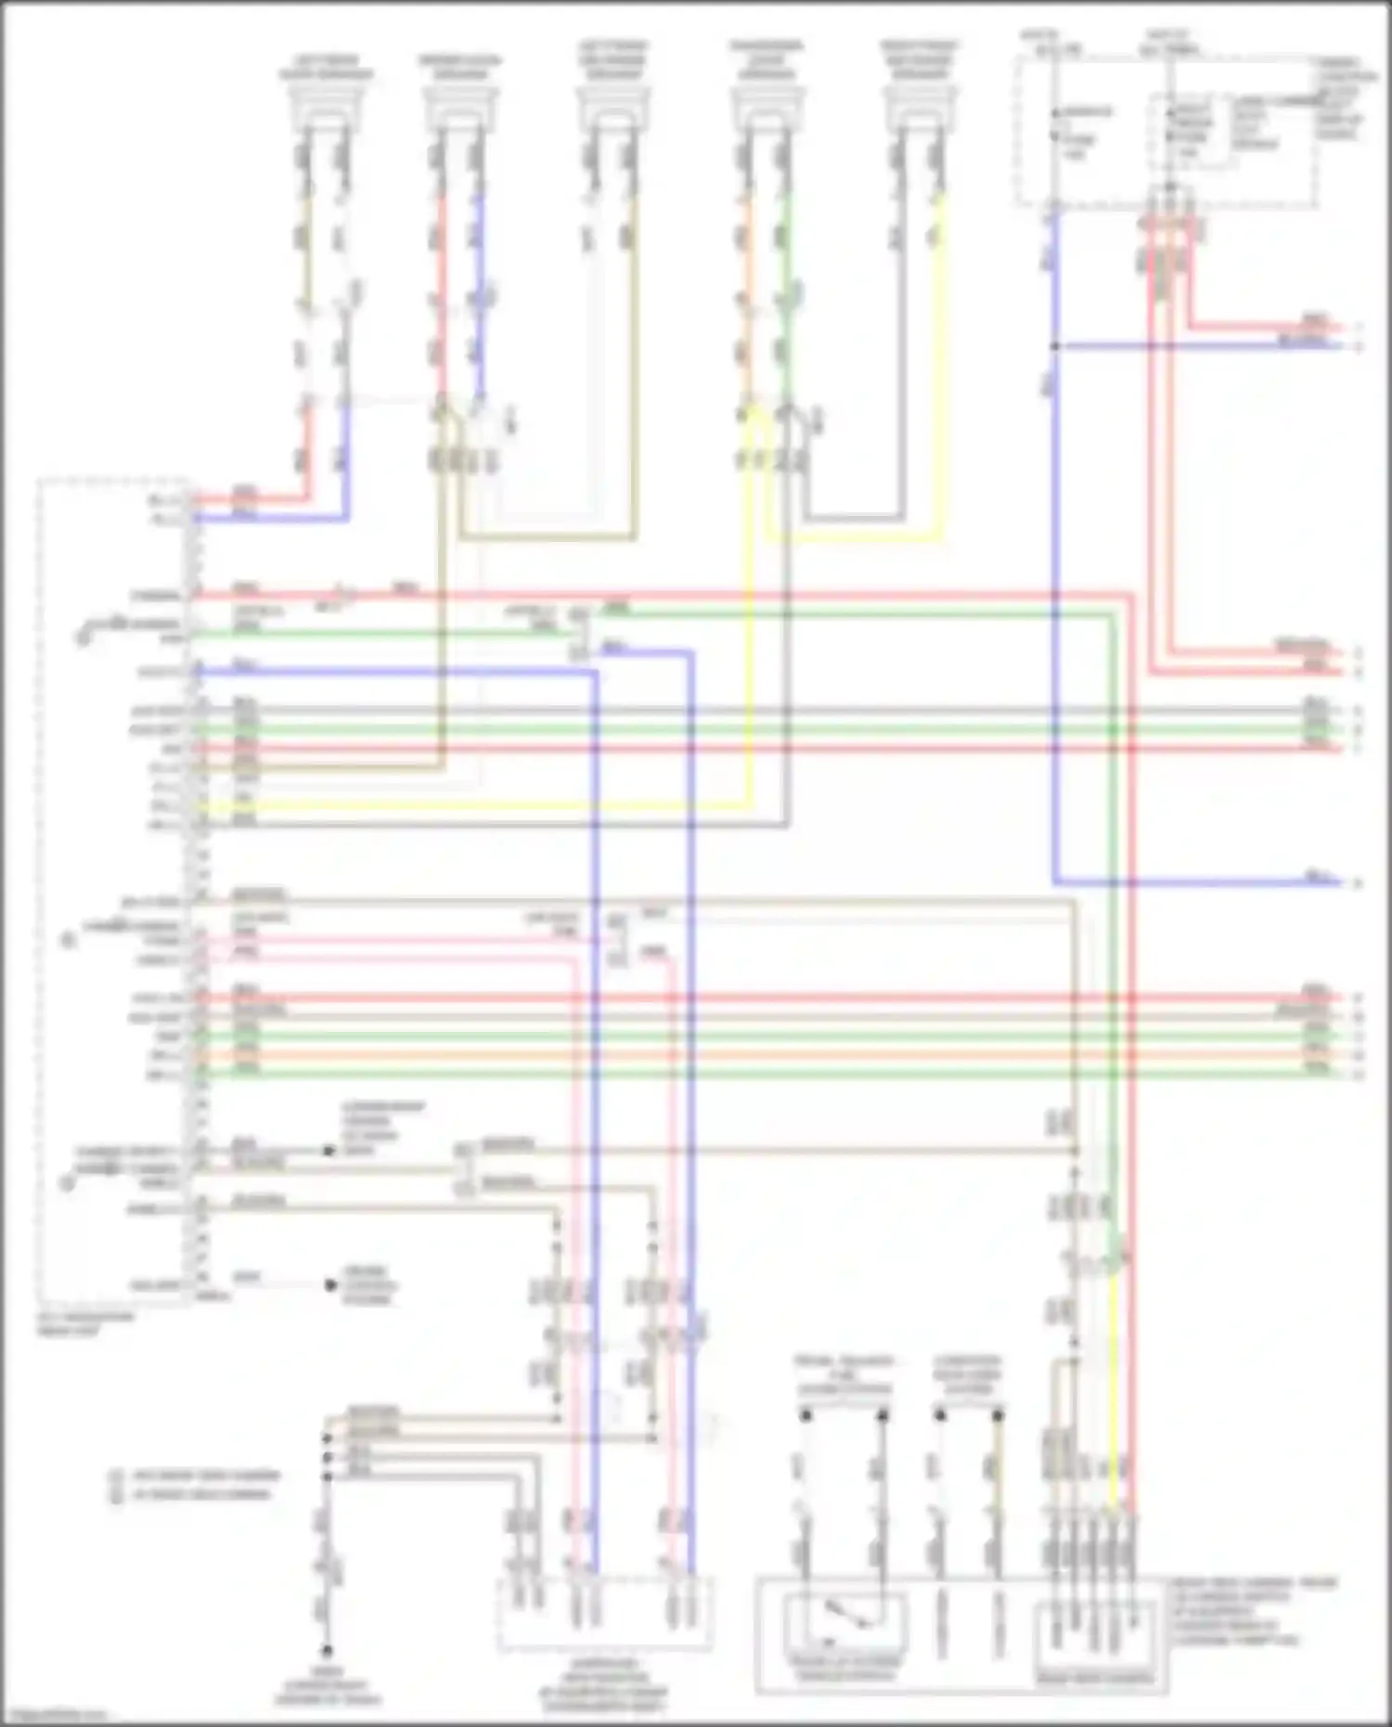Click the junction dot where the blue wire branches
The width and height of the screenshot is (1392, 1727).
[1055, 346]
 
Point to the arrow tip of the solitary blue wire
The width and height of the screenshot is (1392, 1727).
[1342, 882]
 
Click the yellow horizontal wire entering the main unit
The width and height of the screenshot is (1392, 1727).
[464, 806]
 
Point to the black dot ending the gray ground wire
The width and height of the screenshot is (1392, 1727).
[327, 1651]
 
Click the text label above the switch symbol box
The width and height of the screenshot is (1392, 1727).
[844, 1374]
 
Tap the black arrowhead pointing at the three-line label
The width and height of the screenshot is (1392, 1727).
[330, 1285]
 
